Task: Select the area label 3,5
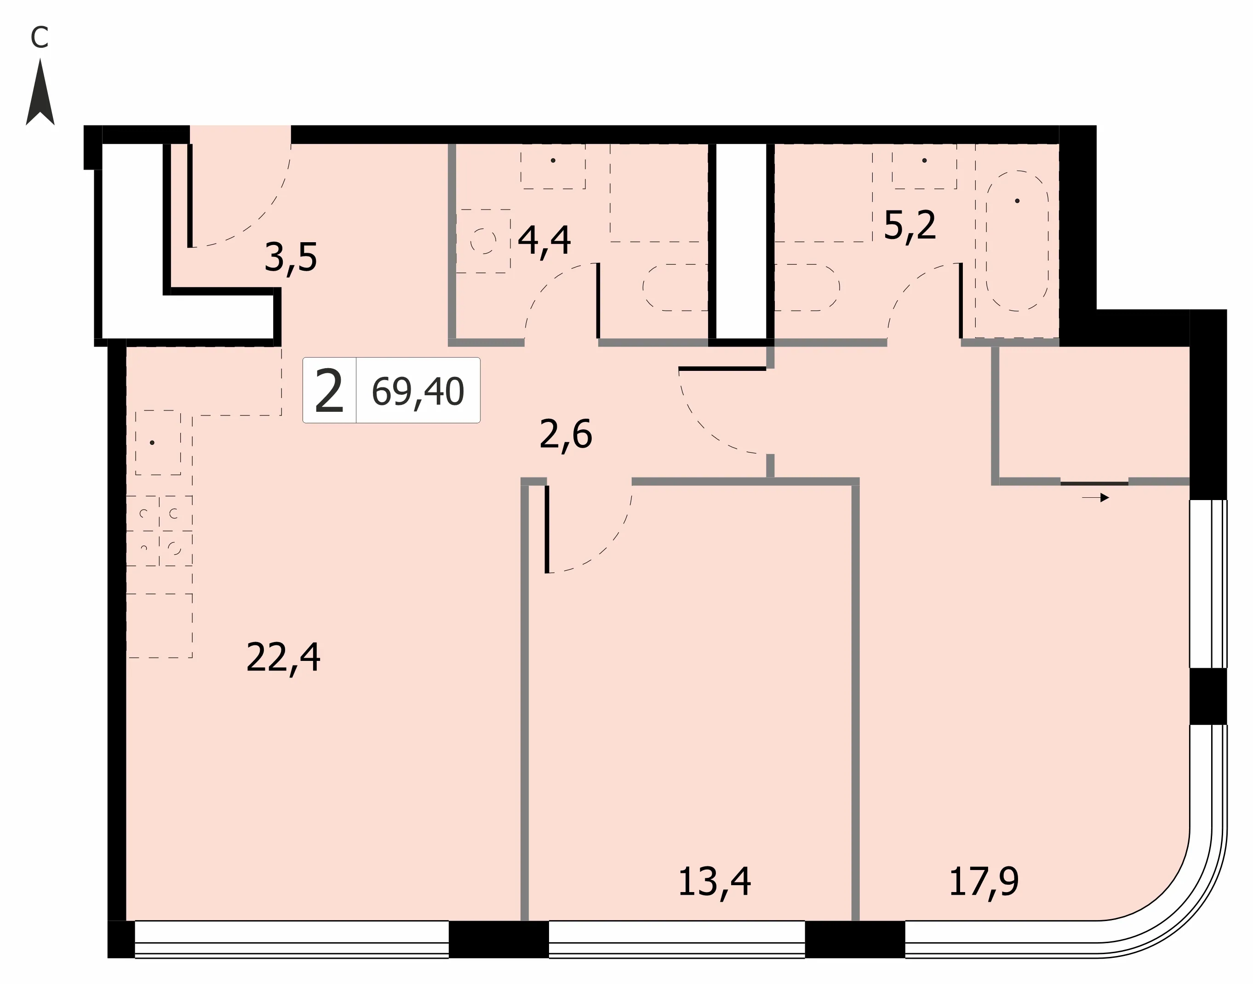pyautogui.click(x=291, y=257)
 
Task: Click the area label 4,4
pyautogui.click(x=544, y=240)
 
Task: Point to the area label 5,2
pyautogui.click(x=910, y=225)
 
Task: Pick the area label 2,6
pyautogui.click(x=566, y=434)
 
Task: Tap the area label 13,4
pyautogui.click(x=714, y=882)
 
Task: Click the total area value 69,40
pyautogui.click(x=418, y=392)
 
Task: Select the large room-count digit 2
pyautogui.click(x=329, y=391)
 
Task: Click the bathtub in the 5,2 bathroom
pyautogui.click(x=1017, y=241)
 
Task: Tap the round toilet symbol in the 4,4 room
pyautogui.click(x=483, y=241)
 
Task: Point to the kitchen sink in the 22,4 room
pyautogui.click(x=158, y=443)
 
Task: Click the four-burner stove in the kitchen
pyautogui.click(x=159, y=530)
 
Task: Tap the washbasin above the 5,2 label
pyautogui.click(x=925, y=166)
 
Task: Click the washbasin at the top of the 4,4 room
pyautogui.click(x=553, y=166)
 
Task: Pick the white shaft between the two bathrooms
pyautogui.click(x=741, y=241)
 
